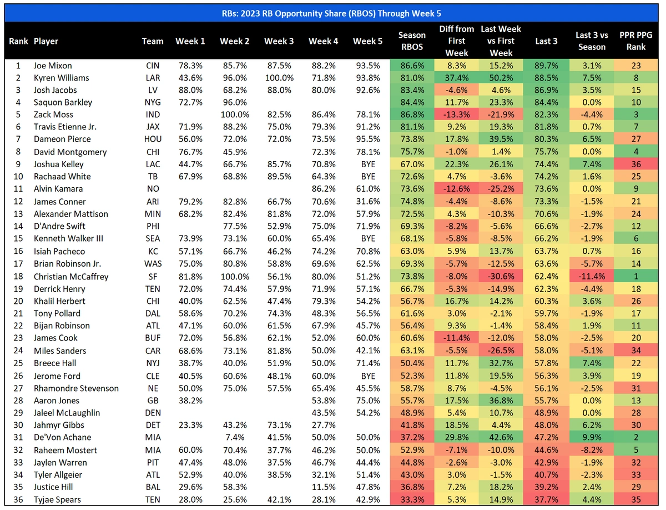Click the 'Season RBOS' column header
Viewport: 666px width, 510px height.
tap(412, 41)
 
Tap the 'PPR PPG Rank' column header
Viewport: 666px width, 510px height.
tap(636, 41)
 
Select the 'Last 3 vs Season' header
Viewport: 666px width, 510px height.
tap(592, 41)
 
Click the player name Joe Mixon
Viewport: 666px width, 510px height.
tap(52, 66)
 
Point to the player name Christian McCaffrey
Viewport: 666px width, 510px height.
tap(70, 277)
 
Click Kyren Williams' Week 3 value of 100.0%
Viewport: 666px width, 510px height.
tap(279, 78)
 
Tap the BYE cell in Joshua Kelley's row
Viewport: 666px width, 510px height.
tap(368, 164)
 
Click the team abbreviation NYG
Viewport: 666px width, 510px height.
tap(153, 102)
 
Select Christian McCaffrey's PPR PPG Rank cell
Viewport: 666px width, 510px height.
tap(636, 277)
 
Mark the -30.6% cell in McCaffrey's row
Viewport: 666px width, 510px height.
tap(501, 277)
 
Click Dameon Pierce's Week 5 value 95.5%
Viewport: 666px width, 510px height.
tap(368, 139)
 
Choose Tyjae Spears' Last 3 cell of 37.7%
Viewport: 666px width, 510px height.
tap(546, 499)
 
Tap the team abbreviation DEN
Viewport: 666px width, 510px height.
tap(153, 413)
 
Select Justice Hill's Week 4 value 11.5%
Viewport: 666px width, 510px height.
tap(324, 487)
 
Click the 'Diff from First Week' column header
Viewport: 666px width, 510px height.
tap(456, 41)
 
